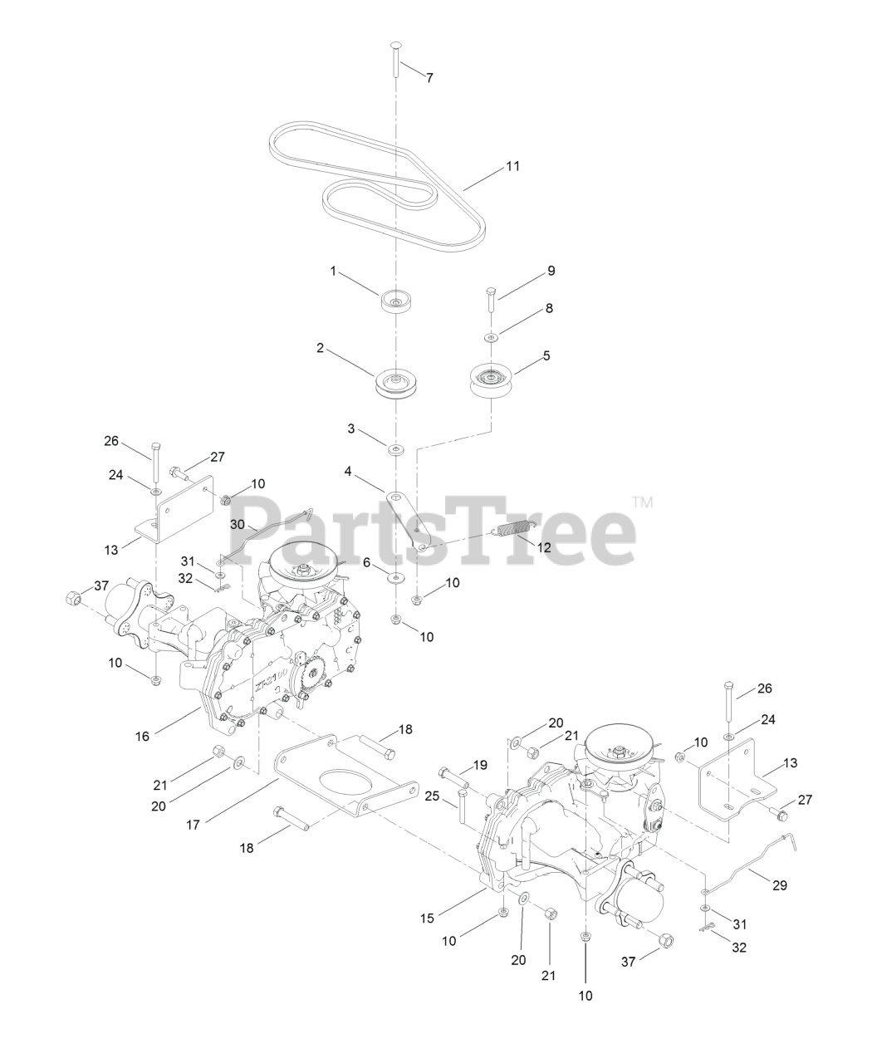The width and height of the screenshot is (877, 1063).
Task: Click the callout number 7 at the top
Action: pyautogui.click(x=429, y=77)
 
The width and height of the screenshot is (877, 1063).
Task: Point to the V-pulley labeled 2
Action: pyautogui.click(x=397, y=385)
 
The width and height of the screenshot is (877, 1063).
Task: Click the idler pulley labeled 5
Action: pyautogui.click(x=491, y=380)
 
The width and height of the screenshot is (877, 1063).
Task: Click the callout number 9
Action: pyautogui.click(x=551, y=272)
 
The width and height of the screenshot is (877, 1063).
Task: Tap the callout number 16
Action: pyautogui.click(x=143, y=736)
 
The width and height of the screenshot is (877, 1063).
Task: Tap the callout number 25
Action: pyautogui.click(x=431, y=796)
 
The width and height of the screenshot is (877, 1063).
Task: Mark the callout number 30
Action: pyautogui.click(x=238, y=525)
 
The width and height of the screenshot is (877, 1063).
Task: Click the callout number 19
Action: pyautogui.click(x=480, y=764)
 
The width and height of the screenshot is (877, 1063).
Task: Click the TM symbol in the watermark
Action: pyautogui.click(x=642, y=502)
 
